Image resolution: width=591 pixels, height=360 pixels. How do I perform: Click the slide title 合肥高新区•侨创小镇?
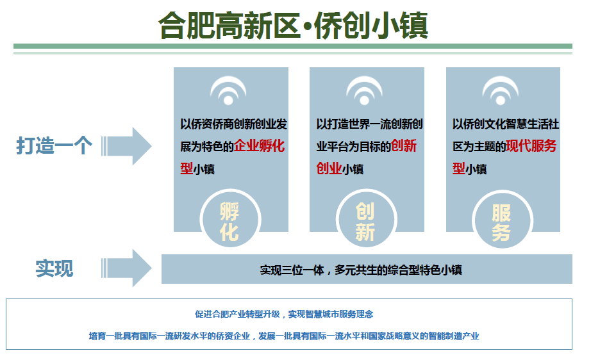tap(294, 25)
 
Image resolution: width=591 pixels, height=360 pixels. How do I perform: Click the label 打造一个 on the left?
tap(54, 146)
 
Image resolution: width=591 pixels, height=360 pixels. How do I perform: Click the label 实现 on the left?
tap(54, 268)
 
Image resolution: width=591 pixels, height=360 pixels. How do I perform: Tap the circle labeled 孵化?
tap(229, 220)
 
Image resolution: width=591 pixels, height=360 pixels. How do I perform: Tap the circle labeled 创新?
tap(365, 220)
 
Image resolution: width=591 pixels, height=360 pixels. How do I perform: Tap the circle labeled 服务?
tap(501, 220)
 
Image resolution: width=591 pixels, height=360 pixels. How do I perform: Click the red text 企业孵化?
tap(259, 146)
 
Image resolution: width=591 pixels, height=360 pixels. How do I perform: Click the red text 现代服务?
tap(531, 146)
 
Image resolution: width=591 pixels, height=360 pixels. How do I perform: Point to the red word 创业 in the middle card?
tap(329, 169)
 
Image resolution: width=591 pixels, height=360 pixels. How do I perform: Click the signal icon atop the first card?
tap(229, 91)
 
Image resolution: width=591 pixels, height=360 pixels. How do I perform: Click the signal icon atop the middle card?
tap(365, 91)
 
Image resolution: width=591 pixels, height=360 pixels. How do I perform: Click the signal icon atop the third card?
tap(501, 91)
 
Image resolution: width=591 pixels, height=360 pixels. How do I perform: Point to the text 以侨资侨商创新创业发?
tap(233, 124)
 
